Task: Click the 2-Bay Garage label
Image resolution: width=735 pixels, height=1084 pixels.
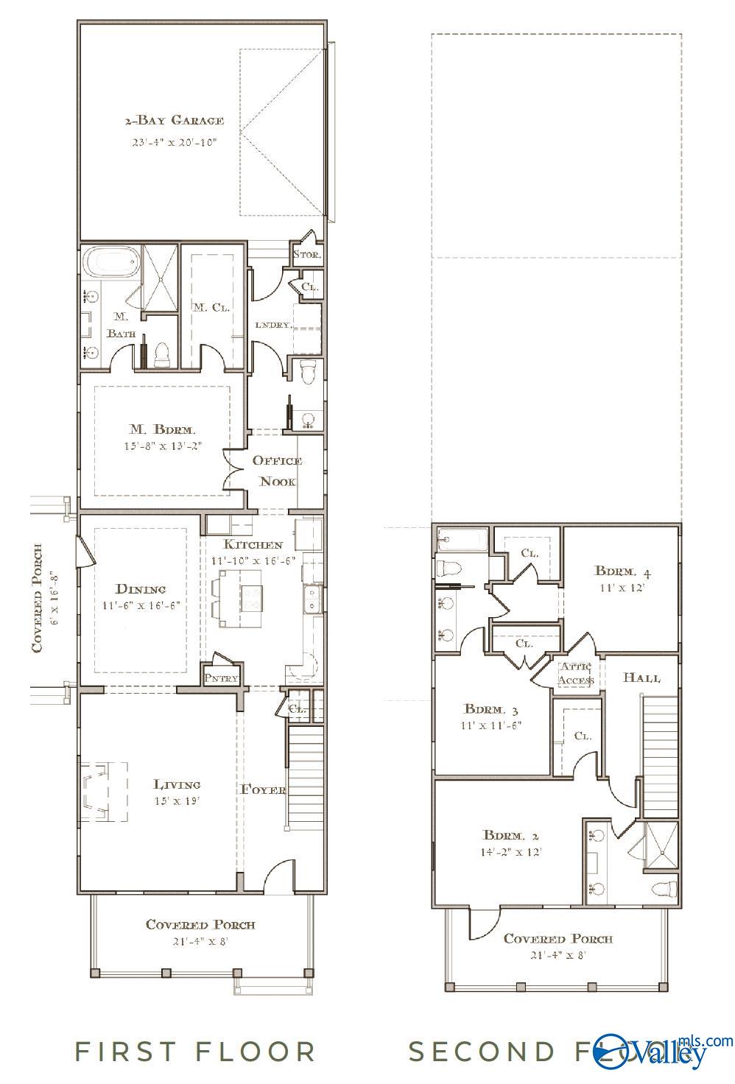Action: (174, 120)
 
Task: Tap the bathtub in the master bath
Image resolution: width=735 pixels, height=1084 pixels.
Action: (110, 263)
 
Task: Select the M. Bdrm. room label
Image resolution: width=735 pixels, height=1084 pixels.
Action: (163, 429)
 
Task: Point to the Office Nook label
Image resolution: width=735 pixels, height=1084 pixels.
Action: (277, 471)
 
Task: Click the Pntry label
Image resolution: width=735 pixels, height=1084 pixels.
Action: (221, 677)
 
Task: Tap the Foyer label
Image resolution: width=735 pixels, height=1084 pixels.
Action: (263, 789)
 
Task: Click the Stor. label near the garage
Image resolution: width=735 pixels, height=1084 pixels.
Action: (306, 255)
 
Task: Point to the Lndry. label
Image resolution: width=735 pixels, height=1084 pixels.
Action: (273, 324)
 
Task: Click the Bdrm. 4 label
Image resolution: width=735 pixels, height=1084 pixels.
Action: (622, 571)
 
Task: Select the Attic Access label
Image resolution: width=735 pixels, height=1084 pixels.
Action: (576, 673)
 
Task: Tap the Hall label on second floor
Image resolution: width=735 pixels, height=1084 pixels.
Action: (641, 677)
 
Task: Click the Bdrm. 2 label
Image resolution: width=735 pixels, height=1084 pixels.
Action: (510, 835)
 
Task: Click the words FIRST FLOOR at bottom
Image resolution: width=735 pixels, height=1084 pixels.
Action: (196, 1051)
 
